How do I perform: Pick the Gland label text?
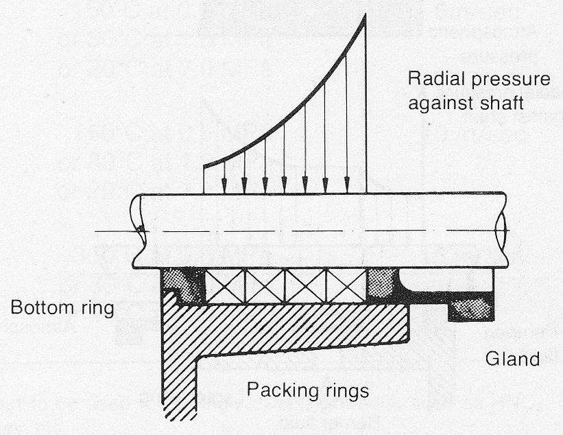pos(513,357)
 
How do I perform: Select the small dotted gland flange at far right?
pos(470,309)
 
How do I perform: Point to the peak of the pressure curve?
pos(364,15)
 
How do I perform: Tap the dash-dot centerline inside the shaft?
pos(309,231)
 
